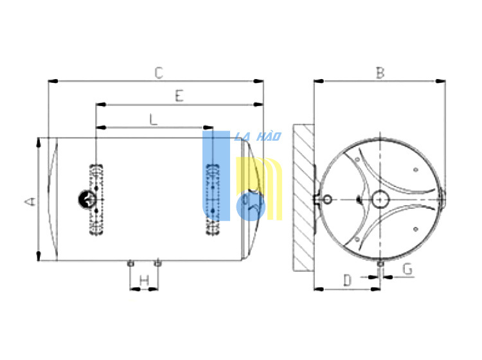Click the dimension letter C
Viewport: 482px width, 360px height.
[x=159, y=73]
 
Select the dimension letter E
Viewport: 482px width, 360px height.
[x=179, y=96]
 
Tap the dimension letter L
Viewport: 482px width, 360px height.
[x=154, y=120]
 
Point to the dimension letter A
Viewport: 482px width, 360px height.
[x=30, y=202]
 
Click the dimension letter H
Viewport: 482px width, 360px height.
[x=144, y=280]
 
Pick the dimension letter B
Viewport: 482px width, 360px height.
[x=380, y=73]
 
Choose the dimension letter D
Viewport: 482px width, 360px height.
[x=347, y=280]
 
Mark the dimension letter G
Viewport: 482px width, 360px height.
[x=407, y=269]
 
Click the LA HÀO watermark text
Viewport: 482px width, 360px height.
[x=258, y=136]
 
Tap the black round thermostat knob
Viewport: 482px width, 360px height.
[x=87, y=199]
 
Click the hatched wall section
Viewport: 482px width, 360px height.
[x=303, y=198]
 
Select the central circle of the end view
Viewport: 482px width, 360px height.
[x=380, y=199]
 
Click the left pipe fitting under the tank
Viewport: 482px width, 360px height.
[x=130, y=264]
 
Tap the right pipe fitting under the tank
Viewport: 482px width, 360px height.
[x=157, y=264]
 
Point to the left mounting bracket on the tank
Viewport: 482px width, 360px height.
[x=96, y=200]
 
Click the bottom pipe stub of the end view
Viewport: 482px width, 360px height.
[x=380, y=264]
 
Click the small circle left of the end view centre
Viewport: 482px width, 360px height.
[x=328, y=199]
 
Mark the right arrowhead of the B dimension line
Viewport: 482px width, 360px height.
[x=441, y=81]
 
